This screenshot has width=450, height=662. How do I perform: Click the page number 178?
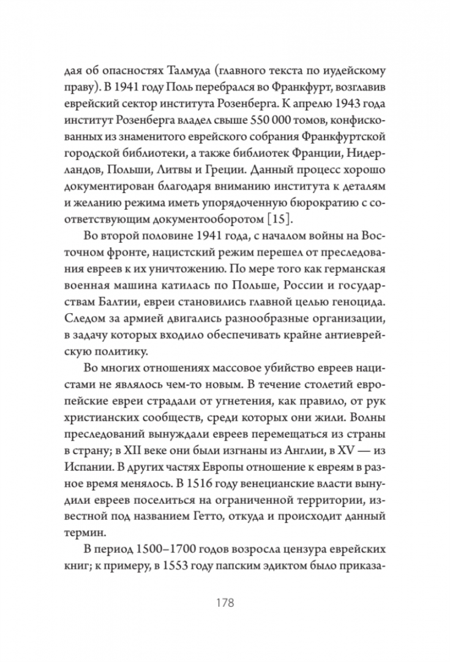225,602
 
